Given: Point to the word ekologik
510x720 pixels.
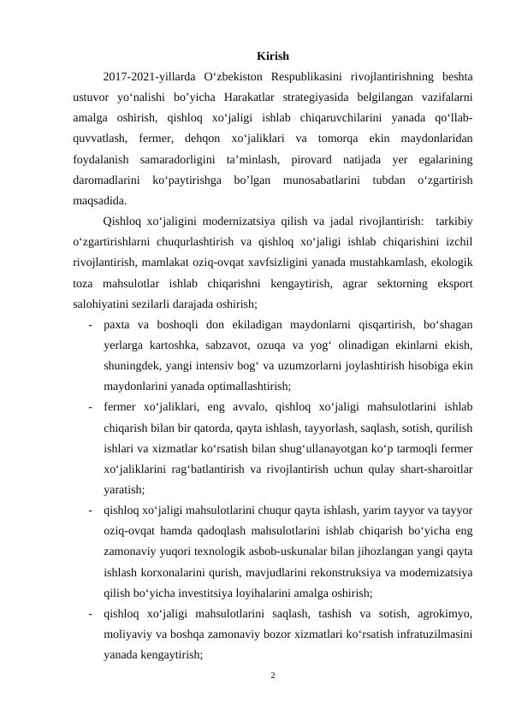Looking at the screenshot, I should click(x=453, y=263).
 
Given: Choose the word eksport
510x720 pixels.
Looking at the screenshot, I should click(x=451, y=283).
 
